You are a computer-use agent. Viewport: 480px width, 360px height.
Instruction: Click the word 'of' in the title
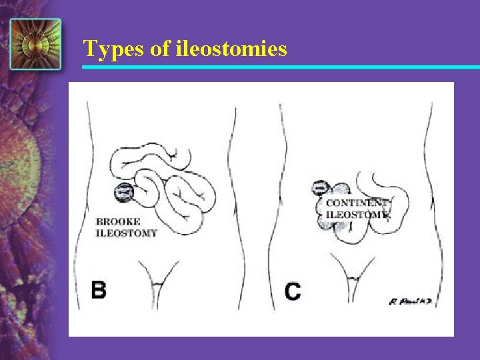(159, 49)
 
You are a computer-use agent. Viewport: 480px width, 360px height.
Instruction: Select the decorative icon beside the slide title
(35, 44)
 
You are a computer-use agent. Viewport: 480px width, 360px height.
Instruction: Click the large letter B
(99, 290)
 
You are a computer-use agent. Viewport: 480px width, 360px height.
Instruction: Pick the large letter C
(292, 291)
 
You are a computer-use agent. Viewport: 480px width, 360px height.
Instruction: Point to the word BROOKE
(118, 222)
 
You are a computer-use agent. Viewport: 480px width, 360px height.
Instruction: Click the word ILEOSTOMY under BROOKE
(127, 233)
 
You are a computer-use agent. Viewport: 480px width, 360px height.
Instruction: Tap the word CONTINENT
(355, 203)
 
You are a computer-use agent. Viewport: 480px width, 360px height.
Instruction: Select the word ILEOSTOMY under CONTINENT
(355, 215)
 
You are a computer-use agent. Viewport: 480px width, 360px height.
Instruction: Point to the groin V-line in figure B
(158, 280)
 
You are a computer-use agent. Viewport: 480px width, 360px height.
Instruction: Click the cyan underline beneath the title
(280, 67)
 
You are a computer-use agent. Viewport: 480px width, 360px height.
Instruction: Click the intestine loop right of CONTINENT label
(400, 207)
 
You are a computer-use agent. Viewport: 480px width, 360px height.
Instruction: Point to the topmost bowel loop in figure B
(150, 155)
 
